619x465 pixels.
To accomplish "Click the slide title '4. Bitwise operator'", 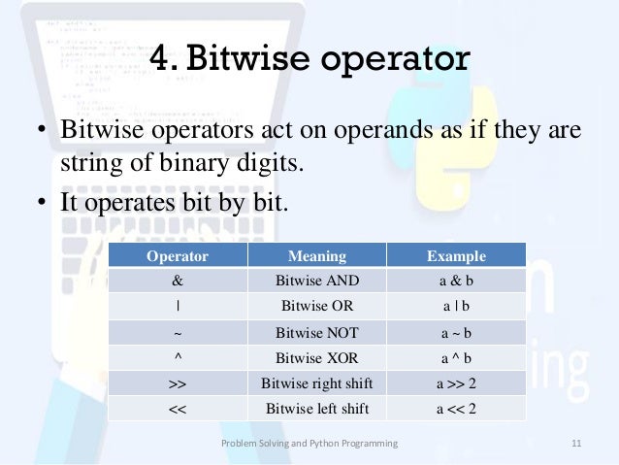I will (x=309, y=61).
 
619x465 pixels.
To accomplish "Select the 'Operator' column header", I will (x=178, y=256).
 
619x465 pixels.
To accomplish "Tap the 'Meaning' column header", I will (x=317, y=256).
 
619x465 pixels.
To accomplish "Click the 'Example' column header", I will (x=456, y=256).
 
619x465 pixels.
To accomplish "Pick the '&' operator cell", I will (x=178, y=282).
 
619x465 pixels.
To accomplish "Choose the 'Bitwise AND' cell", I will (x=317, y=282).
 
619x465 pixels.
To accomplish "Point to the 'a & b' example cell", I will (x=456, y=282).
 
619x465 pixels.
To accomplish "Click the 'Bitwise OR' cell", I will (x=317, y=307).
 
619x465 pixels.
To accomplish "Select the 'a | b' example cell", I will (x=456, y=307).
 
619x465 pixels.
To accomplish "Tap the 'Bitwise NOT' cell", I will (x=317, y=332).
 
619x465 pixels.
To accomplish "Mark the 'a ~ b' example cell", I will (x=456, y=332).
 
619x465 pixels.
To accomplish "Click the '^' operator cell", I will (x=178, y=356).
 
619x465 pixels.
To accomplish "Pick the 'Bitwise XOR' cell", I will (x=317, y=357).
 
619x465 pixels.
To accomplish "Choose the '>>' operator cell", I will (x=178, y=382).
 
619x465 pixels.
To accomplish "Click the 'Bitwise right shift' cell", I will (x=317, y=382).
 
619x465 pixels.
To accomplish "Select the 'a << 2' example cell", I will (x=456, y=408).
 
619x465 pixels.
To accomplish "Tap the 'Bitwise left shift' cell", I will (x=317, y=408).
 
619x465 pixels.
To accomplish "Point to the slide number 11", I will (x=575, y=444).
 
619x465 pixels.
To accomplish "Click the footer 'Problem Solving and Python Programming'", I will (x=309, y=444).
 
